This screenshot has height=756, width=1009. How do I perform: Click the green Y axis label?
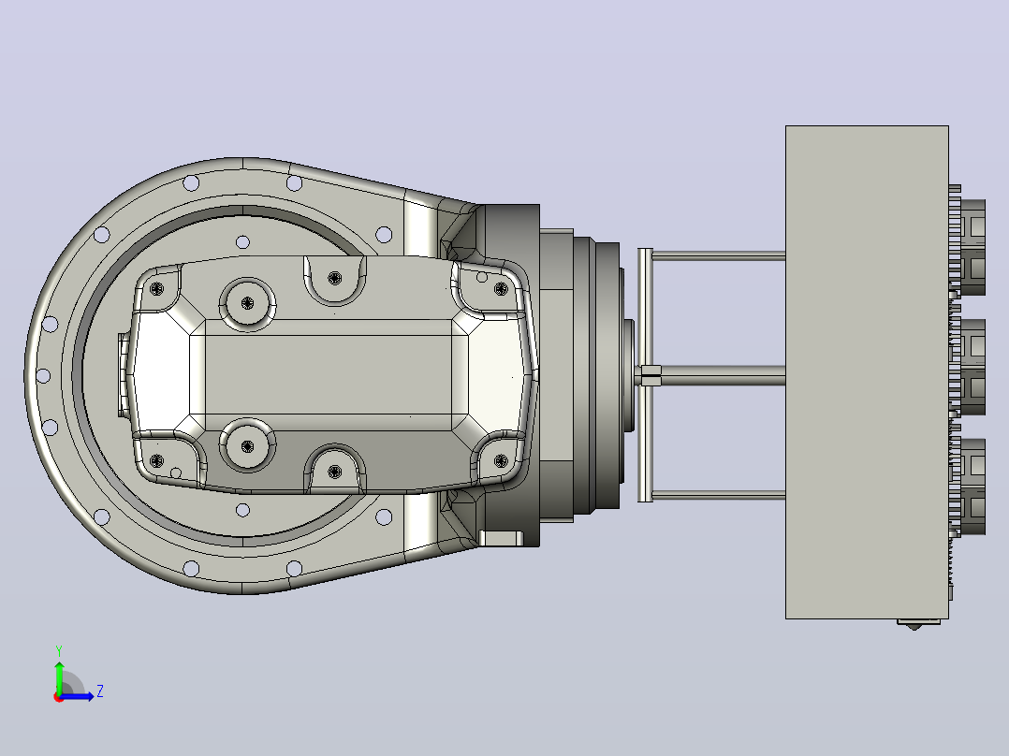pyautogui.click(x=59, y=650)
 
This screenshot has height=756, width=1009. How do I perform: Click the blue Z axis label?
pyautogui.click(x=100, y=691)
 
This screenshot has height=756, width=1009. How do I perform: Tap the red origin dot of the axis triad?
pyautogui.click(x=59, y=697)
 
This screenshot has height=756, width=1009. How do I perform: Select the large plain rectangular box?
pyautogui.click(x=867, y=371)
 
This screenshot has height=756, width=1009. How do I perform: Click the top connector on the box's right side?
pyautogui.click(x=972, y=248)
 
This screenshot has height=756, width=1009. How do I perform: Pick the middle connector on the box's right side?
pyautogui.click(x=972, y=367)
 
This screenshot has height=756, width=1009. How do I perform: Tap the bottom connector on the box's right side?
pyautogui.click(x=972, y=487)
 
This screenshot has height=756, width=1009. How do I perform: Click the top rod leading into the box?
pyautogui.click(x=719, y=256)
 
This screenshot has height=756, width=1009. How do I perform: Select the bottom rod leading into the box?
pyautogui.click(x=719, y=495)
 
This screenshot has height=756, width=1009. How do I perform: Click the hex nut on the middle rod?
pyautogui.click(x=651, y=375)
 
